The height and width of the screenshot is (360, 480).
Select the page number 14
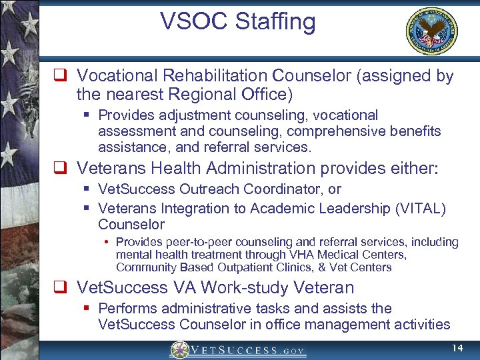(x=457, y=349)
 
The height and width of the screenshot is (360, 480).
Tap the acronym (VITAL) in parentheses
(x=419, y=209)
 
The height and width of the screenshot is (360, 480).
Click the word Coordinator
(x=284, y=190)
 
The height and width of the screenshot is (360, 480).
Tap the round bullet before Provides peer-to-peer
(x=107, y=242)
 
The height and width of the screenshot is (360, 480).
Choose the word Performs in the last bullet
(x=127, y=309)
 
